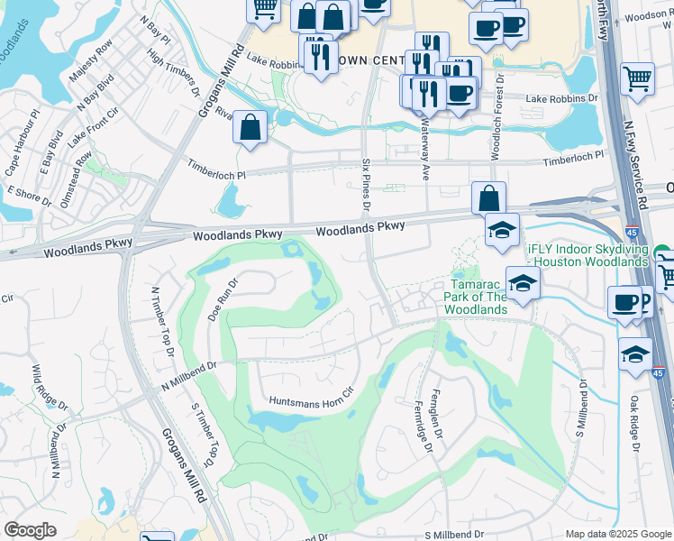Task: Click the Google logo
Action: [31, 529]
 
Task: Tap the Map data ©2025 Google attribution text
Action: [619, 534]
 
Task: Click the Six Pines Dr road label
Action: [366, 184]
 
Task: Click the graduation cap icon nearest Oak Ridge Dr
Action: [635, 353]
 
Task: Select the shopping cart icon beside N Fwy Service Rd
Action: [637, 78]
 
